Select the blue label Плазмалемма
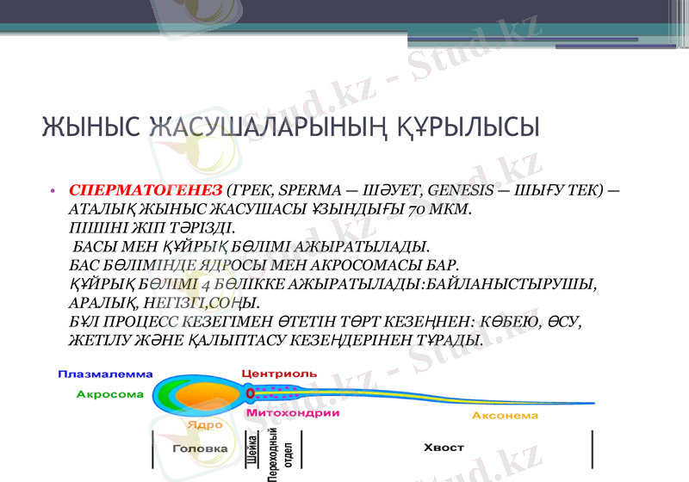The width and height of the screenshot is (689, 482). click(105, 374)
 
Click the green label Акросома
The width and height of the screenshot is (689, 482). click(110, 394)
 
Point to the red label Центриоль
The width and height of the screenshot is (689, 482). click(279, 374)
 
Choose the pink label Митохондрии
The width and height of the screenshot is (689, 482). click(293, 414)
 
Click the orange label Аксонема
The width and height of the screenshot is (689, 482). click(505, 416)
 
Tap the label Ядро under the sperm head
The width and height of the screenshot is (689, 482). click(205, 424)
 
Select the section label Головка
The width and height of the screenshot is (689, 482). click(201, 448)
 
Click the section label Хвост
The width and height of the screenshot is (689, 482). click(444, 448)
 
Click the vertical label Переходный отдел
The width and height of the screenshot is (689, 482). click(278, 456)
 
